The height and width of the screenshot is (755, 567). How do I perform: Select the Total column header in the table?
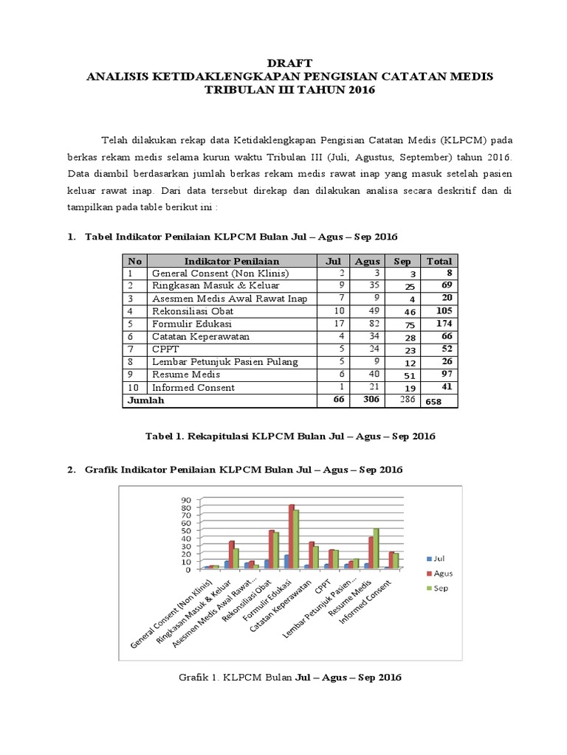[x=439, y=261]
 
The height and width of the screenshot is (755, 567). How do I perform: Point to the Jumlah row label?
[x=147, y=401]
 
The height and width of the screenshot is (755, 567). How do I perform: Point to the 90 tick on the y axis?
[x=185, y=500]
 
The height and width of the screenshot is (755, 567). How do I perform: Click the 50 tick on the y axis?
[x=185, y=531]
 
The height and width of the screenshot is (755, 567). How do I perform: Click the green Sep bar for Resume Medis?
[x=377, y=549]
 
